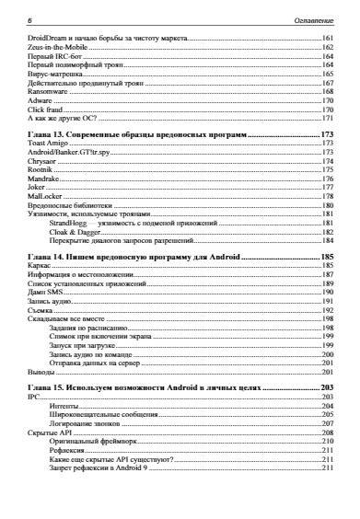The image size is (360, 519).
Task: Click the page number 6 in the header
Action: coord(30,19)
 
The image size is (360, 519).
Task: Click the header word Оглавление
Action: coord(310,19)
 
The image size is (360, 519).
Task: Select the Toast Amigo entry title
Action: coord(47,144)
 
